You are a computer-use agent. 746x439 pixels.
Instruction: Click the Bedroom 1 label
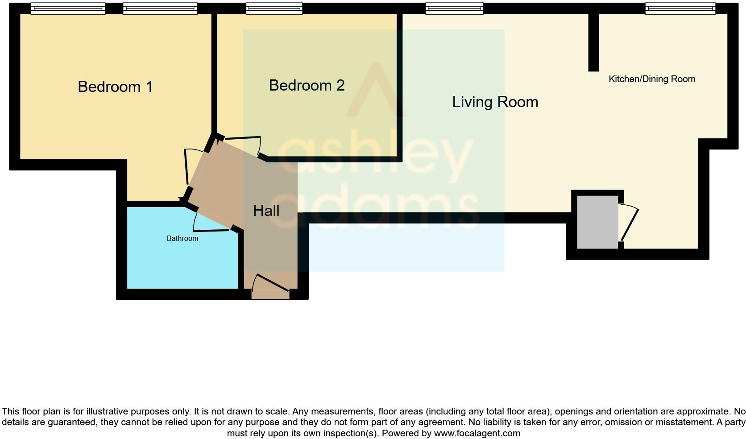(x=115, y=87)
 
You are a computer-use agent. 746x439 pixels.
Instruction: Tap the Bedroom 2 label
(x=307, y=85)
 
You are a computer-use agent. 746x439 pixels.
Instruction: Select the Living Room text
(x=495, y=102)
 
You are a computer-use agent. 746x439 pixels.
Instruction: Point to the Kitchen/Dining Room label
(x=652, y=79)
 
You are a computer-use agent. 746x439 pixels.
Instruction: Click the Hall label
(x=266, y=211)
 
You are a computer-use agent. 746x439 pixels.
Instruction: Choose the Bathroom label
(x=182, y=239)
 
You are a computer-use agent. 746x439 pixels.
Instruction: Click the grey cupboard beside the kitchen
(x=597, y=222)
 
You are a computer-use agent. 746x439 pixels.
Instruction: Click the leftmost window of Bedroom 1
(x=68, y=8)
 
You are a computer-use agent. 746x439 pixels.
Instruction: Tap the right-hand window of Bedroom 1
(x=160, y=8)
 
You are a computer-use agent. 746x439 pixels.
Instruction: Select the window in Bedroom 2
(x=274, y=8)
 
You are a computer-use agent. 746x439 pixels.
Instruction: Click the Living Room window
(x=454, y=8)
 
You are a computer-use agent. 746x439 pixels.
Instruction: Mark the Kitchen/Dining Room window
(x=680, y=8)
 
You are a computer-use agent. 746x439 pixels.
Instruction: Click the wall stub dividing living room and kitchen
(x=593, y=42)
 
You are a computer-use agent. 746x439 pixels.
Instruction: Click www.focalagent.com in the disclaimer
(x=477, y=433)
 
